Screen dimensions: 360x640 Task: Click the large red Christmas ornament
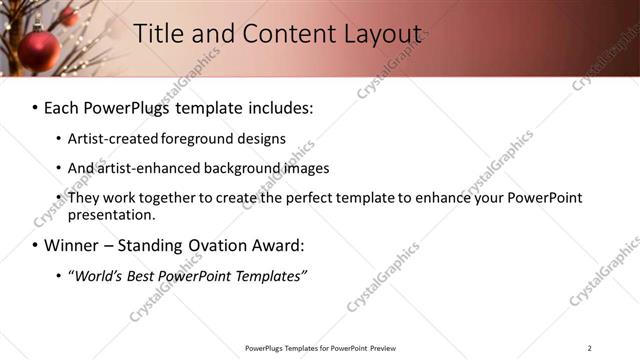click(38, 50)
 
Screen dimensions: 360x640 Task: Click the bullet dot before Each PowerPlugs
click(35, 107)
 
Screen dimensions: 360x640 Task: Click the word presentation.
click(111, 214)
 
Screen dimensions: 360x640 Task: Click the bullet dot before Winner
click(35, 246)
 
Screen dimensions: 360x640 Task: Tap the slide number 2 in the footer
click(589, 348)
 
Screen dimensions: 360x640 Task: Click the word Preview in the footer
click(384, 348)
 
